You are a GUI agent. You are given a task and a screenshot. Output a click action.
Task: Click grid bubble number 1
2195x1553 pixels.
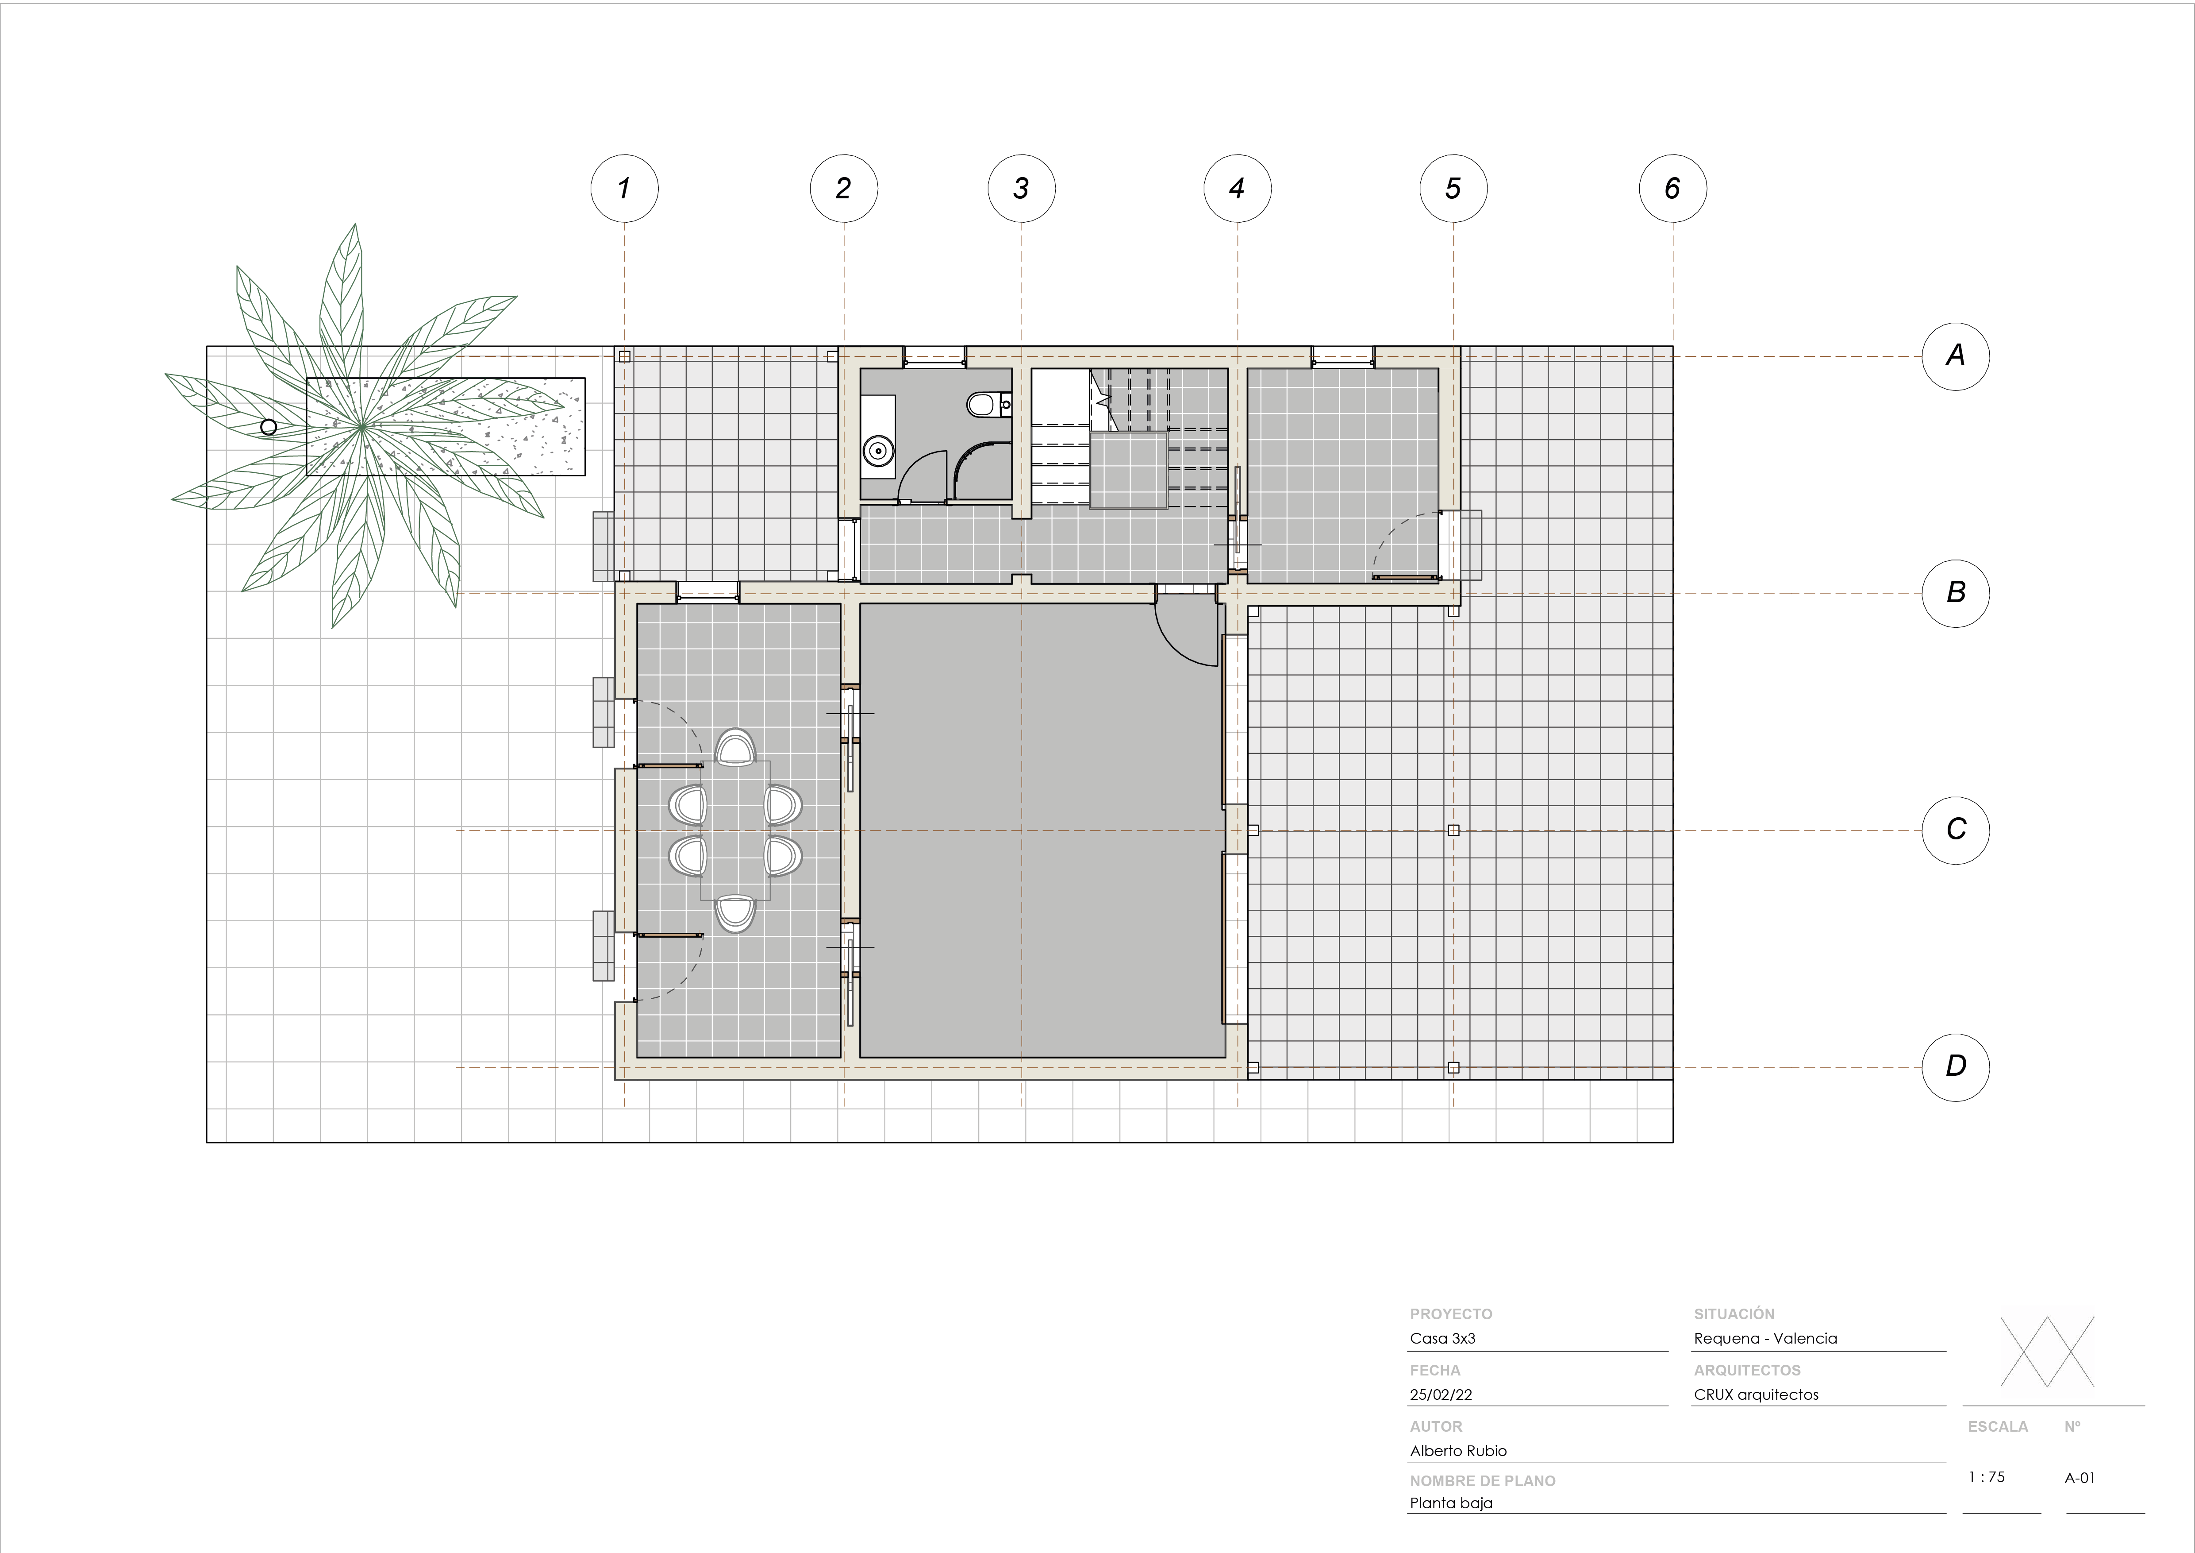pos(624,189)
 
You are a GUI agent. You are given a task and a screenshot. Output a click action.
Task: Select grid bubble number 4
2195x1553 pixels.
pos(1237,189)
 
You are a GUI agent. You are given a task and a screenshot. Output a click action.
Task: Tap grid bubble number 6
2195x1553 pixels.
pos(1672,189)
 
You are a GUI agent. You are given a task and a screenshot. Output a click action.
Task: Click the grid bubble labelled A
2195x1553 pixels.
pos(1955,356)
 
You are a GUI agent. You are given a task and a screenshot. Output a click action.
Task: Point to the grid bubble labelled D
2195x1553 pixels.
pos(1955,1066)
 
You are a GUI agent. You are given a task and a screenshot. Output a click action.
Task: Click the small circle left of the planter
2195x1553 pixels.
pos(269,426)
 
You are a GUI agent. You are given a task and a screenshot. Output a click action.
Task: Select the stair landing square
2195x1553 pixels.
pos(1128,470)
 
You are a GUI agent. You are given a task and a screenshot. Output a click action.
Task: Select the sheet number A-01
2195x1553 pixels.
pos(2080,1477)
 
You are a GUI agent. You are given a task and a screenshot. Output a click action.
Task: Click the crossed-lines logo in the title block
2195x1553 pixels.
pos(2047,1352)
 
